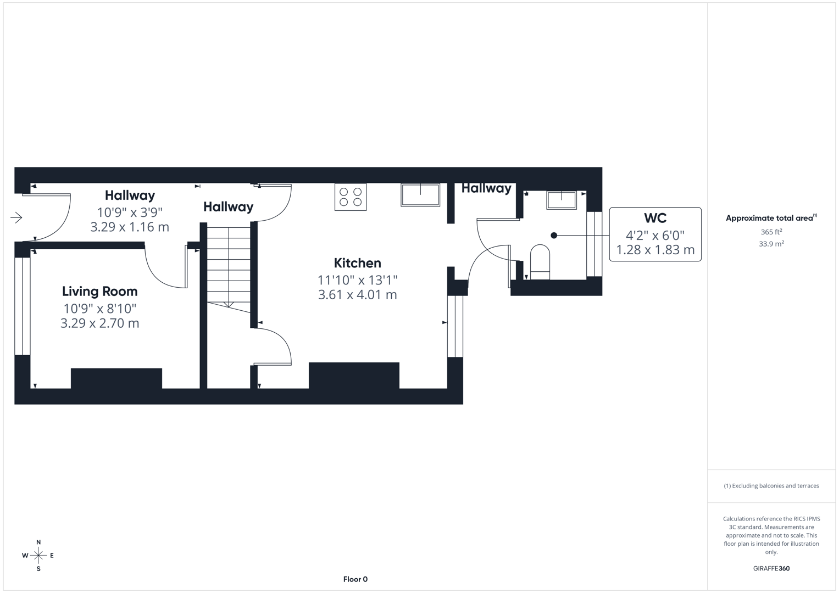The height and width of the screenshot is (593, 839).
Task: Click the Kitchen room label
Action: [357, 263]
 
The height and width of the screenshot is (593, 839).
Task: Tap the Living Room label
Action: [99, 292]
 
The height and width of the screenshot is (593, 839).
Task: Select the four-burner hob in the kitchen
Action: [351, 197]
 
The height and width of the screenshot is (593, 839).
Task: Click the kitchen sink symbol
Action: [420, 195]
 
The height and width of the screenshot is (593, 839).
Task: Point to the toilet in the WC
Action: [540, 261]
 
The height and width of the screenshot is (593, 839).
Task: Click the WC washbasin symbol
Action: [561, 200]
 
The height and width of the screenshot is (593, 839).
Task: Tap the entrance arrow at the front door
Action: [16, 218]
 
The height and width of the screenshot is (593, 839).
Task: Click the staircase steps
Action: [229, 264]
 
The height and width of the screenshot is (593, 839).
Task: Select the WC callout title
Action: [655, 218]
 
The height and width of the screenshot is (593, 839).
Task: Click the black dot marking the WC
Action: [554, 236]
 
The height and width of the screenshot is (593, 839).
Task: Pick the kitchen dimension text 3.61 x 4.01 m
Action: [357, 295]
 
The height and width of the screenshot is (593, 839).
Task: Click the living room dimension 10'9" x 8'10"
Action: [99, 309]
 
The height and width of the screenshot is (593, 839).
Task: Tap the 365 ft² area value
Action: [771, 232]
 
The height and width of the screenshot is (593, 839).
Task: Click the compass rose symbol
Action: [38, 556]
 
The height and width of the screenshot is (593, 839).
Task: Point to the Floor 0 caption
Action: [355, 579]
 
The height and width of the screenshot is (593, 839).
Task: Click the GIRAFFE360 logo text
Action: [771, 569]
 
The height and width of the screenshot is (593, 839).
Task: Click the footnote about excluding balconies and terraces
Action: [771, 486]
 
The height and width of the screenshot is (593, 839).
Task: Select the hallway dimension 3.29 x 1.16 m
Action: [130, 227]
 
